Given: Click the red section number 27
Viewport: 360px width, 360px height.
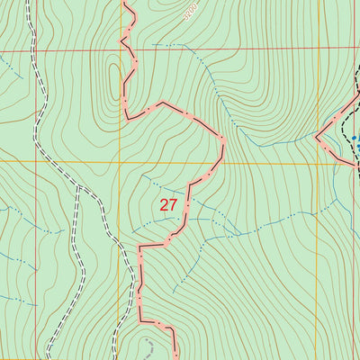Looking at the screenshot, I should click(x=168, y=205).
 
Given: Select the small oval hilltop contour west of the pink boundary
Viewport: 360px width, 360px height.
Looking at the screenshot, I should click(x=114, y=76).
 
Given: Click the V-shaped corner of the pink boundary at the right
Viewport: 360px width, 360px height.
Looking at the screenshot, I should click(x=319, y=139).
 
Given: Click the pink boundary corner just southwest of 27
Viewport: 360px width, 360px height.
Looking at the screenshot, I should click(x=140, y=245).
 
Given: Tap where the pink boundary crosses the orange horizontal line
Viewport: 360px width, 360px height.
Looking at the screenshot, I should click(x=218, y=163).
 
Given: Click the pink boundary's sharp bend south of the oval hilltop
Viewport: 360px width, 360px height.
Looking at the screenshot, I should click(x=128, y=117).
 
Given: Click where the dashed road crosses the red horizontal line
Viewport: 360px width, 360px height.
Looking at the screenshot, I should click(x=33, y=52).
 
